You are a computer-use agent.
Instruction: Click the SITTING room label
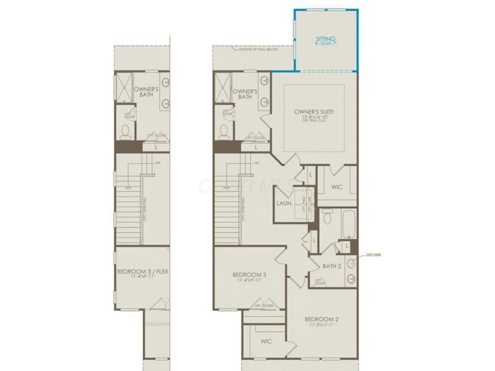[x=325, y=38]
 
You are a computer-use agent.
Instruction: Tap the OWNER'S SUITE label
[x=314, y=112]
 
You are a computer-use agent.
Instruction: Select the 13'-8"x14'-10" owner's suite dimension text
[x=314, y=117]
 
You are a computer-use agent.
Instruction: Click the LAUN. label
[x=285, y=203]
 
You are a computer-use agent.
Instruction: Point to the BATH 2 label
[x=332, y=266]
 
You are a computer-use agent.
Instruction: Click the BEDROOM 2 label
[x=321, y=320]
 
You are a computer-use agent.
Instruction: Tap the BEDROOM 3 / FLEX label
[x=142, y=271]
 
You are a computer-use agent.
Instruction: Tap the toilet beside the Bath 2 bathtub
[x=327, y=216]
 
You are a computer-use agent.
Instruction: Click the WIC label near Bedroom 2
[x=266, y=341]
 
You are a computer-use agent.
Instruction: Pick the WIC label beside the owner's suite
[x=337, y=186]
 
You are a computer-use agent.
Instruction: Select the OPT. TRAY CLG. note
[x=314, y=122]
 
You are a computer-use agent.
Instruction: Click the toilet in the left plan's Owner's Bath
[x=126, y=131]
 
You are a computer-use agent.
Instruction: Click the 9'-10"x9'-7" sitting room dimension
[x=325, y=45]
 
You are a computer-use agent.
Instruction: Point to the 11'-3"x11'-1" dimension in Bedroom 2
[x=321, y=326]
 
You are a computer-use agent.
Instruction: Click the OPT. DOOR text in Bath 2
[x=320, y=282]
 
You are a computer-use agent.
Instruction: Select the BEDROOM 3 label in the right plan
[x=249, y=275]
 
